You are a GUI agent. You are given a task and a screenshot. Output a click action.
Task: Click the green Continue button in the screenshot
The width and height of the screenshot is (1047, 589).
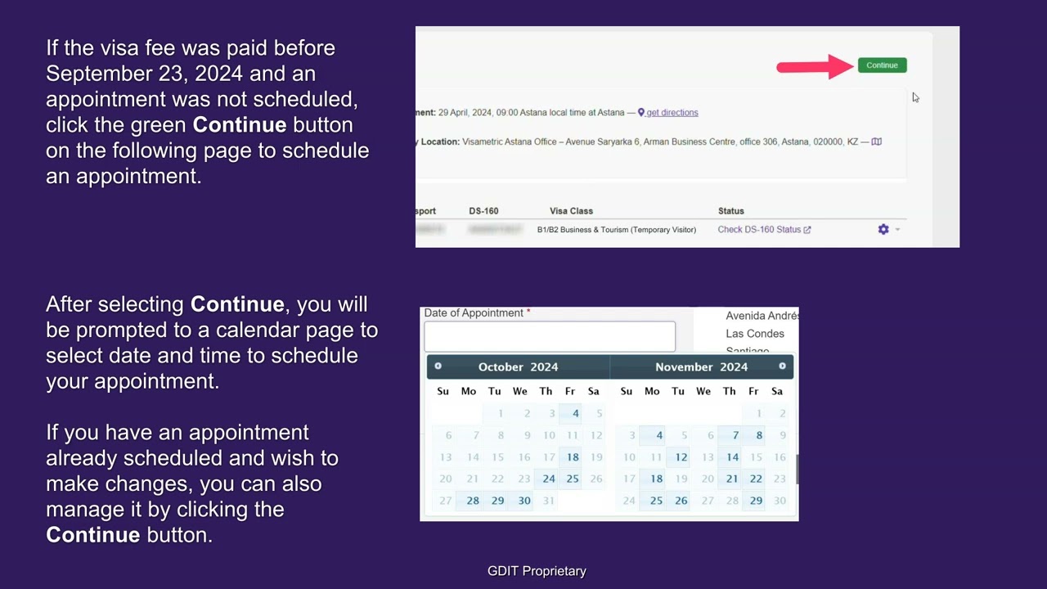pos(882,65)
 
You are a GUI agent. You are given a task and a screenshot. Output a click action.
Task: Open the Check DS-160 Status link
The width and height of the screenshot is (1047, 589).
pos(763,230)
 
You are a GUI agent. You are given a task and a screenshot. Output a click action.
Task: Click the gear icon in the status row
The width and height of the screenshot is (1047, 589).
pos(883,230)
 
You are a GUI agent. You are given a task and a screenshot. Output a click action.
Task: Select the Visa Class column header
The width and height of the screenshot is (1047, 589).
pos(571,211)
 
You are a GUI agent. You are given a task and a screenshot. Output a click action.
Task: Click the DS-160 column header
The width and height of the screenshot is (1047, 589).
pos(483,211)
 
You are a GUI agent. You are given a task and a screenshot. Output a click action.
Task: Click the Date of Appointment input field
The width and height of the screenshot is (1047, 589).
pos(549,336)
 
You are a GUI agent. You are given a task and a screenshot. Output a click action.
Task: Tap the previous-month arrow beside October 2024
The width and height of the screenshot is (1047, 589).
pos(438,366)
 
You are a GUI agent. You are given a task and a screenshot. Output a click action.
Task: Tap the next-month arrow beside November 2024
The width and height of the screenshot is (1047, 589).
pos(782,366)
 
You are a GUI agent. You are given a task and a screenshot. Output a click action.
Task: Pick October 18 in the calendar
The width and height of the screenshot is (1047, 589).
pos(572,457)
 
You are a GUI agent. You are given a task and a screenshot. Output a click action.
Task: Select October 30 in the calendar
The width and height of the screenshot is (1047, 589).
pos(523,501)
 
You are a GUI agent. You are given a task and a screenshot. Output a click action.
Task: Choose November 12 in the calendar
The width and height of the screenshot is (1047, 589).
pos(681,457)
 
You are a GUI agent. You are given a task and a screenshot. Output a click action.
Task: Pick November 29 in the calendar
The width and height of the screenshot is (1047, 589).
pos(756,501)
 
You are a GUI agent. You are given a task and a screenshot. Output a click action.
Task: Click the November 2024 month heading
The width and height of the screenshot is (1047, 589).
pos(701,367)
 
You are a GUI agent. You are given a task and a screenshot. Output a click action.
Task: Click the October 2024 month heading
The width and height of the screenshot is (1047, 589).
pos(518,367)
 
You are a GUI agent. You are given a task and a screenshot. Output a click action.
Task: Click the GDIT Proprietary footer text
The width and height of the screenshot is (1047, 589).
pos(537,571)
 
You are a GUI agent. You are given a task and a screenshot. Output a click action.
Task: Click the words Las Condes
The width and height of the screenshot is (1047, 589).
pos(754,334)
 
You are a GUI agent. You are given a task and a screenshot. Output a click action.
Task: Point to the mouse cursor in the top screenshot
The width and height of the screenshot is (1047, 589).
pos(915,97)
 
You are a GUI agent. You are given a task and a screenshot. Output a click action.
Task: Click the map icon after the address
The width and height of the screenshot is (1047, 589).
pos(876,142)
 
